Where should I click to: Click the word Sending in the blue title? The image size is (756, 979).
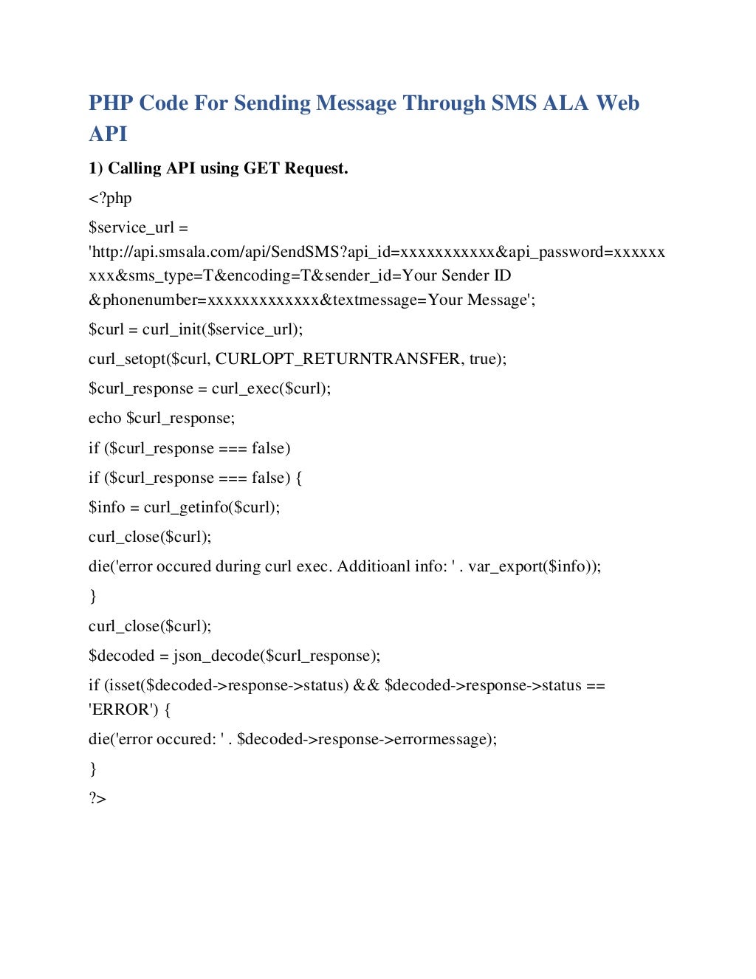272,103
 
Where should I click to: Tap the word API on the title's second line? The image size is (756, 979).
108,134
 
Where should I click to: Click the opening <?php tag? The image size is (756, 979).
110,198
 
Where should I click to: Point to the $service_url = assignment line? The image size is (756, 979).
138,227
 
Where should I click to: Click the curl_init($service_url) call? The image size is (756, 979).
221,329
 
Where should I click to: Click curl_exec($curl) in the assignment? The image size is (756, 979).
270,388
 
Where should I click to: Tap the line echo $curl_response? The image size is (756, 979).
162,418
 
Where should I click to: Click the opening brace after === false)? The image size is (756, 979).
298,478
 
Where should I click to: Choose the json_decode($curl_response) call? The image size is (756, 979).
275,656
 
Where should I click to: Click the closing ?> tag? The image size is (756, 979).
97,798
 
